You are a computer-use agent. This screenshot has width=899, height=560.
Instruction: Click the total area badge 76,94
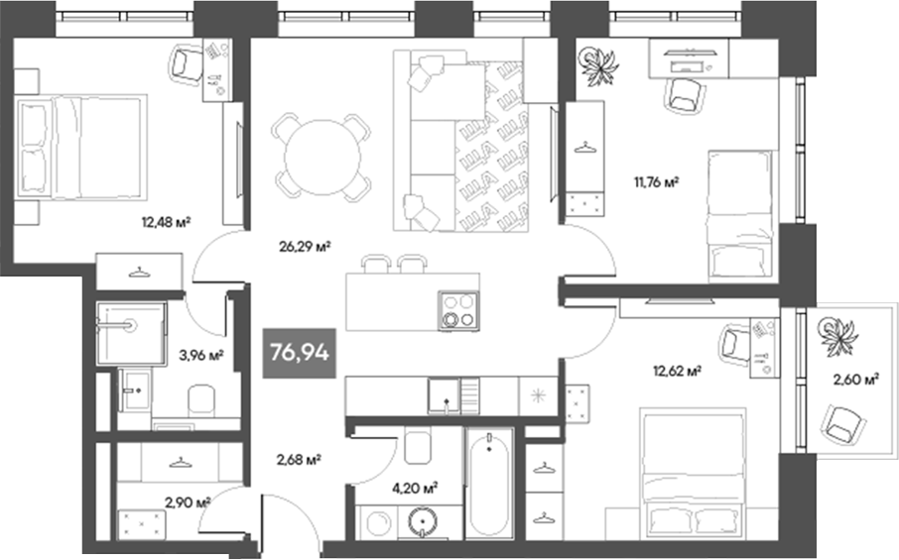[300, 353]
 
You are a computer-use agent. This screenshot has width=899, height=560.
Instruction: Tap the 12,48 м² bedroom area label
[166, 222]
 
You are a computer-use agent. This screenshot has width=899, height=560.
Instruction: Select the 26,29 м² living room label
[305, 247]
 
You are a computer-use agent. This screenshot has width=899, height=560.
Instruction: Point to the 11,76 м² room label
[656, 182]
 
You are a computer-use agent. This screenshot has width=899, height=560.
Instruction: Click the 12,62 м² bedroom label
[678, 371]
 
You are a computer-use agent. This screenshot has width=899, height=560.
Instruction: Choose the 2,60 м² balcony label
[856, 379]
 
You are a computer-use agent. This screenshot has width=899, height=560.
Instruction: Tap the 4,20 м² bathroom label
[415, 489]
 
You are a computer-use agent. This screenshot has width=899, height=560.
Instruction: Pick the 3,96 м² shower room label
[201, 356]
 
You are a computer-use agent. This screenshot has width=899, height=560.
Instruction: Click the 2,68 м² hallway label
[298, 459]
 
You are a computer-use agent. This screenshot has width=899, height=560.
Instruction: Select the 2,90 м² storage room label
[188, 503]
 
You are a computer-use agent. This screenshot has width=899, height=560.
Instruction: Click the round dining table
[322, 157]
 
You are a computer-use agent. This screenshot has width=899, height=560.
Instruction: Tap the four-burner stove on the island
[458, 311]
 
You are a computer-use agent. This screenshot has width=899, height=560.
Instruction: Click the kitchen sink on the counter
[444, 395]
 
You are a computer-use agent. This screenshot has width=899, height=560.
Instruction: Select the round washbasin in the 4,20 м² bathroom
[423, 521]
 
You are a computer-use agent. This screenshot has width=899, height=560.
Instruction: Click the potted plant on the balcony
[838, 335]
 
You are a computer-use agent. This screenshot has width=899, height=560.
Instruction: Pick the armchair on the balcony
[841, 424]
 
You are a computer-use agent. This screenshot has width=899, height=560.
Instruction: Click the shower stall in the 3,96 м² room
[131, 333]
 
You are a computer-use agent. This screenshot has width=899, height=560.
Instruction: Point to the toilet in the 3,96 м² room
[201, 400]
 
